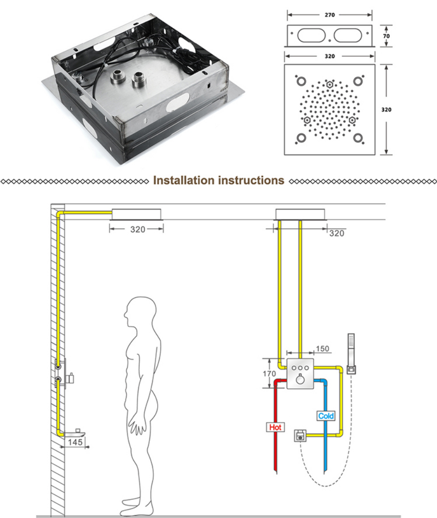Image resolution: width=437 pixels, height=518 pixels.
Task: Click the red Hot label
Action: (275, 427)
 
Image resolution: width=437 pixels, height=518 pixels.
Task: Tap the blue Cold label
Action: (326, 416)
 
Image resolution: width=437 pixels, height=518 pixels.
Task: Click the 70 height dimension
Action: (387, 35)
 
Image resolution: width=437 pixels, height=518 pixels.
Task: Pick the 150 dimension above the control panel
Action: (323, 348)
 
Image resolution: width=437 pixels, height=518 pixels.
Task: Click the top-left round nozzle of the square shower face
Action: (301, 81)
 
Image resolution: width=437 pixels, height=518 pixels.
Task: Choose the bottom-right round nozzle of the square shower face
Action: (358, 138)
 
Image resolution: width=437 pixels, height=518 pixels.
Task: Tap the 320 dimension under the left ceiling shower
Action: (138, 229)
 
